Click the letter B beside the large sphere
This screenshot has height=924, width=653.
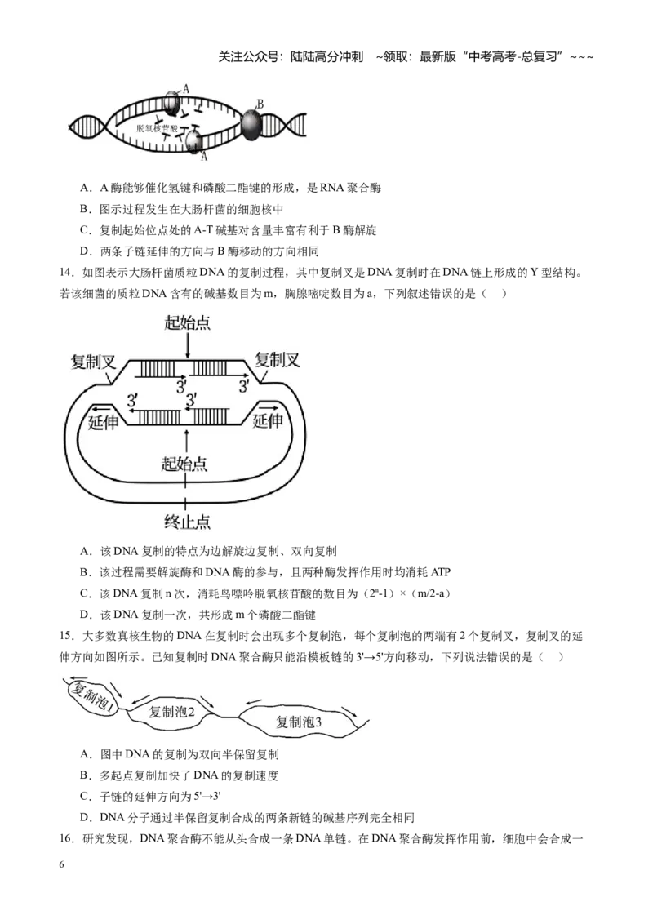click(260, 104)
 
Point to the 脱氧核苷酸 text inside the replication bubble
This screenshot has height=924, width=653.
click(157, 128)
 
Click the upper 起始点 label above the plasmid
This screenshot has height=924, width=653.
click(188, 322)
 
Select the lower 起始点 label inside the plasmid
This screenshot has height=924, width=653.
click(184, 464)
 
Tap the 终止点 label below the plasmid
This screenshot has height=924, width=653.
click(188, 522)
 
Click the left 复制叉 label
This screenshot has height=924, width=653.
click(93, 362)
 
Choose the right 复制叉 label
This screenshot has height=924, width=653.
click(278, 359)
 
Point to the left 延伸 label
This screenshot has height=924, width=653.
click(103, 422)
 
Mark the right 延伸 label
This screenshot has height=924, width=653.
click(268, 420)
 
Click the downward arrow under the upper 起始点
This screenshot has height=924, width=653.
click(188, 345)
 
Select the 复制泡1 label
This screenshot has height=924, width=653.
click(93, 697)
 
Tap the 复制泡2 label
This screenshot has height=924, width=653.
click(171, 712)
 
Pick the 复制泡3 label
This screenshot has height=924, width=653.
click(299, 722)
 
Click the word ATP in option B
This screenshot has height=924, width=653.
click(441, 572)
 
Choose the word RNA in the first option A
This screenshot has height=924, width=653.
click(331, 188)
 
